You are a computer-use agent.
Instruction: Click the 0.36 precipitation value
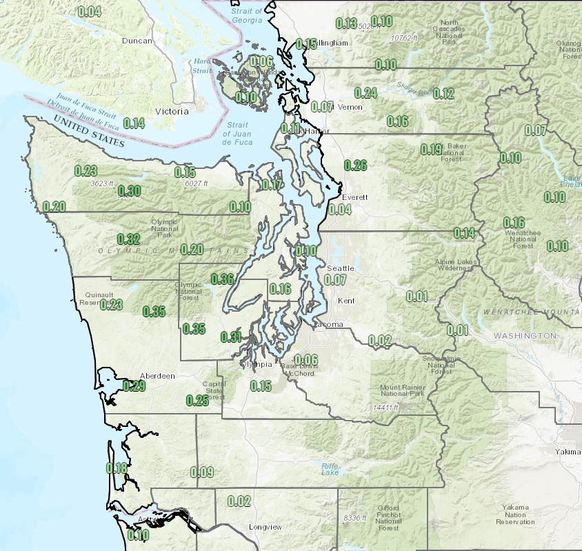[x=222, y=279]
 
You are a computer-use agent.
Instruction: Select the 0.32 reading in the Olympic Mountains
[x=129, y=239]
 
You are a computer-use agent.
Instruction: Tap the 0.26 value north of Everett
[x=354, y=165]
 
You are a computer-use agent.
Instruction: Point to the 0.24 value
[x=365, y=93]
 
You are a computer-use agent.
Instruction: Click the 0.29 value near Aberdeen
[x=134, y=386]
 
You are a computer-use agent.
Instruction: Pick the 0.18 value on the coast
[x=117, y=468]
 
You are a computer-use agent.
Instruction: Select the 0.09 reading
[x=201, y=472]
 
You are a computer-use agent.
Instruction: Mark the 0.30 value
[x=130, y=191]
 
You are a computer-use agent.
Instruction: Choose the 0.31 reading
[x=231, y=337]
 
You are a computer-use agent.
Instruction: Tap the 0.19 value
[x=431, y=150]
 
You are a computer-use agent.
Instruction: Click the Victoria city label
[x=172, y=111]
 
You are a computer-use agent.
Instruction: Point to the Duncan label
[x=137, y=41]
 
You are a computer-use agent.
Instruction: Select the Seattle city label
[x=341, y=268]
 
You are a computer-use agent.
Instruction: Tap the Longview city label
[x=265, y=528]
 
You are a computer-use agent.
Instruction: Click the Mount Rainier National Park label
[x=399, y=392]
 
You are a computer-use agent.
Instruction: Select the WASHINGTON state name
[x=524, y=336]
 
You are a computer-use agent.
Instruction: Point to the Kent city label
[x=346, y=301]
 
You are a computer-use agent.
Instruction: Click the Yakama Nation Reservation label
[x=515, y=514]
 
